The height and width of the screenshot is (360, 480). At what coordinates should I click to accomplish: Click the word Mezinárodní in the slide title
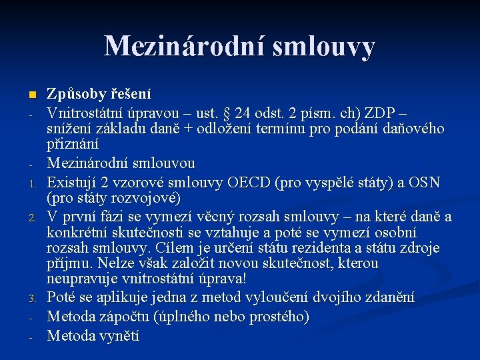(177, 47)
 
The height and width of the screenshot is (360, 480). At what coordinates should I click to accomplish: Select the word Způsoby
(73, 95)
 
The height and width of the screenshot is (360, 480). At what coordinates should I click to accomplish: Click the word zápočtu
(128, 317)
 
